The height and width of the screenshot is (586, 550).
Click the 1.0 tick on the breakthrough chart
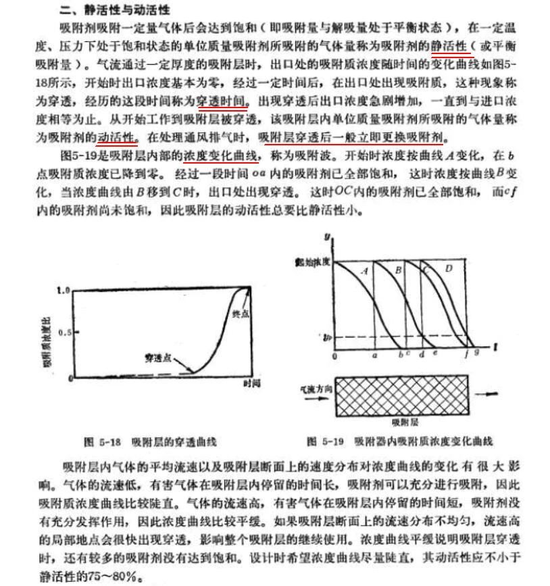pos(63,289)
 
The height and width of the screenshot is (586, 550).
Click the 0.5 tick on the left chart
pos(63,333)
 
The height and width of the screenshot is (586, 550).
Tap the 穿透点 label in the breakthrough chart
pos(156,356)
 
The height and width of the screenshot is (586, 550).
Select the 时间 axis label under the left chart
pos(251,383)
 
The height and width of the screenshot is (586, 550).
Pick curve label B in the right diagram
pos(399,270)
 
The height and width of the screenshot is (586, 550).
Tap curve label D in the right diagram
pos(449,269)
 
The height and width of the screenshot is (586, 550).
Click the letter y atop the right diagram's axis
pos(327,237)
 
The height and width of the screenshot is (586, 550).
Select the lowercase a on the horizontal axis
pos(374,353)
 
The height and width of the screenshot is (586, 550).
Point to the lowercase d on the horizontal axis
pos(422,353)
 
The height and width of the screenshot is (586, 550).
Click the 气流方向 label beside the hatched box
pos(316,390)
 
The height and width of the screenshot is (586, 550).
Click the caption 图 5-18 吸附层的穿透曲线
pos(150,442)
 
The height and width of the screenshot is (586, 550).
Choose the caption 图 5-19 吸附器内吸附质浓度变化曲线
pos(399,442)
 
